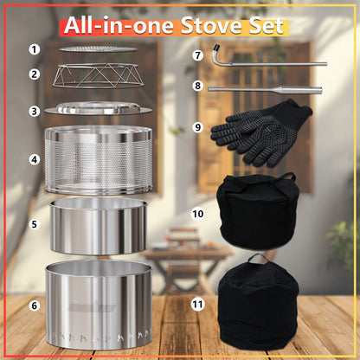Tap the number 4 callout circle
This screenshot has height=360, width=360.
coord(34,160)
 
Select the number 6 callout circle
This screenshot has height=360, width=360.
coord(34,305)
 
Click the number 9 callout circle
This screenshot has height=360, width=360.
coord(197,127)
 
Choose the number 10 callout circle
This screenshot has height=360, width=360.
coord(197,211)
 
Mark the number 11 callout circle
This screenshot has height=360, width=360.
coord(197,305)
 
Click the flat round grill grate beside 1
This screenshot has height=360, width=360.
coord(98,48)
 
